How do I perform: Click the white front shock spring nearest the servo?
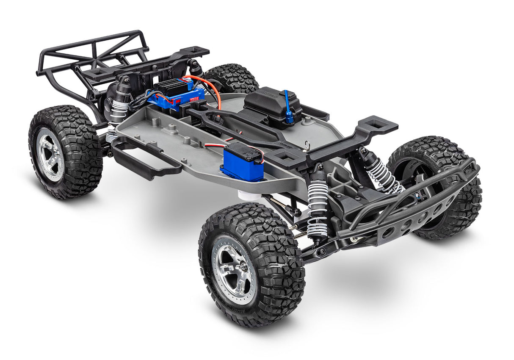(x=318, y=208)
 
